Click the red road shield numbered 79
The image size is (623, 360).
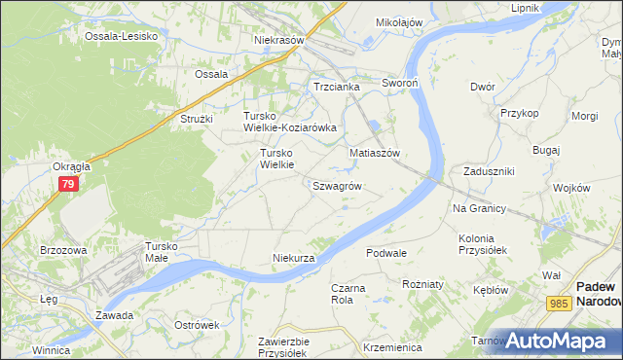pyautogui.click(x=68, y=184)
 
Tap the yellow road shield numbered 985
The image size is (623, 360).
pyautogui.click(x=558, y=304)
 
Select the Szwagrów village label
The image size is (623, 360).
pyautogui.click(x=338, y=185)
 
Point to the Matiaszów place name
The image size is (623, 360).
pyautogui.click(x=376, y=153)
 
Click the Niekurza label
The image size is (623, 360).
pyautogui.click(x=294, y=258)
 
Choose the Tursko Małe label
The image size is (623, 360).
pyautogui.click(x=162, y=252)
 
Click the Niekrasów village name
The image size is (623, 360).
pyautogui.click(x=279, y=41)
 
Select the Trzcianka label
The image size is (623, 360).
pyautogui.click(x=337, y=87)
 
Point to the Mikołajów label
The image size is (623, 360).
pyautogui.click(x=399, y=21)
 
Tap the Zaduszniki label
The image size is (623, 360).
pyautogui.click(x=489, y=171)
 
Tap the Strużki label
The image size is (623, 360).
pyautogui.click(x=189, y=119)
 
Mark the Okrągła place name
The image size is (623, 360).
pyautogui.click(x=71, y=166)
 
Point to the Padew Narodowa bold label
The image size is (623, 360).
pyautogui.click(x=595, y=294)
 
